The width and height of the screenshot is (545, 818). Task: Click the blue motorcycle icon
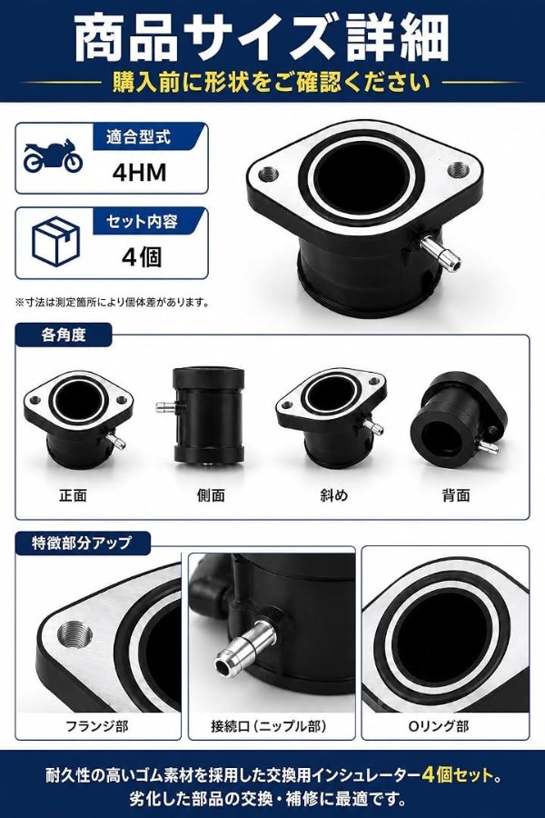click(53, 155)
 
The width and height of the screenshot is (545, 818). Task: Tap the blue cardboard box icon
click(55, 242)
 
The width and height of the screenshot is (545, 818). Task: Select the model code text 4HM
click(139, 173)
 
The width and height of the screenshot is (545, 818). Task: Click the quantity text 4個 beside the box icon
click(142, 256)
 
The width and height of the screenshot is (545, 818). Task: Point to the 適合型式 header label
click(138, 137)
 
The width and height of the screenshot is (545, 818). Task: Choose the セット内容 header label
click(142, 222)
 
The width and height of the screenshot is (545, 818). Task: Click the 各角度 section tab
click(63, 334)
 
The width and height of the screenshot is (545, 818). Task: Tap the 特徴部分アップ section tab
click(82, 544)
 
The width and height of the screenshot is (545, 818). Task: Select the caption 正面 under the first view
click(73, 495)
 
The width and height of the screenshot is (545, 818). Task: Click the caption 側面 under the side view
click(211, 495)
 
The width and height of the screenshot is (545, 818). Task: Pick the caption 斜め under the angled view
click(333, 495)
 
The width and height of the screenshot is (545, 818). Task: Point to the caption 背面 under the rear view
click(456, 495)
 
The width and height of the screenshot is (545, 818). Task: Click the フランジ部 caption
click(97, 725)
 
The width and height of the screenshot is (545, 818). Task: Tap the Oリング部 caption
click(438, 725)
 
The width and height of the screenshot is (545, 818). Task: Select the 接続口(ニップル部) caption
click(269, 725)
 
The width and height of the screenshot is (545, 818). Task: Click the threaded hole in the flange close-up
click(74, 635)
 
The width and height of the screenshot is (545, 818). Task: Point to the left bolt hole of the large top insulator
click(268, 173)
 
